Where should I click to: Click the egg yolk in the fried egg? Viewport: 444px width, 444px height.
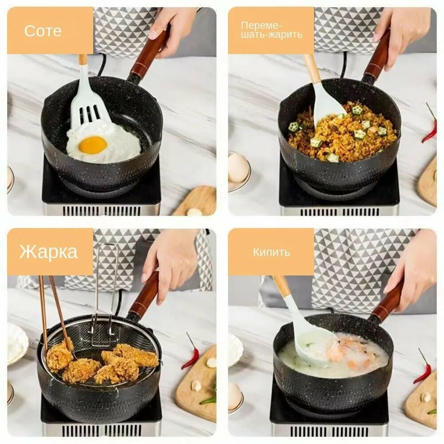pyautogui.click(x=93, y=144)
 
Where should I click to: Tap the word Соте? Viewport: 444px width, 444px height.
pyautogui.click(x=43, y=31)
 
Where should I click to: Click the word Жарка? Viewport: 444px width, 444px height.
pyautogui.click(x=48, y=251)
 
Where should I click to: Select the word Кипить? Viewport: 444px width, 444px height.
pyautogui.click(x=271, y=252)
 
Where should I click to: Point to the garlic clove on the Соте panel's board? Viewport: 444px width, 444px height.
pyautogui.click(x=193, y=211)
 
